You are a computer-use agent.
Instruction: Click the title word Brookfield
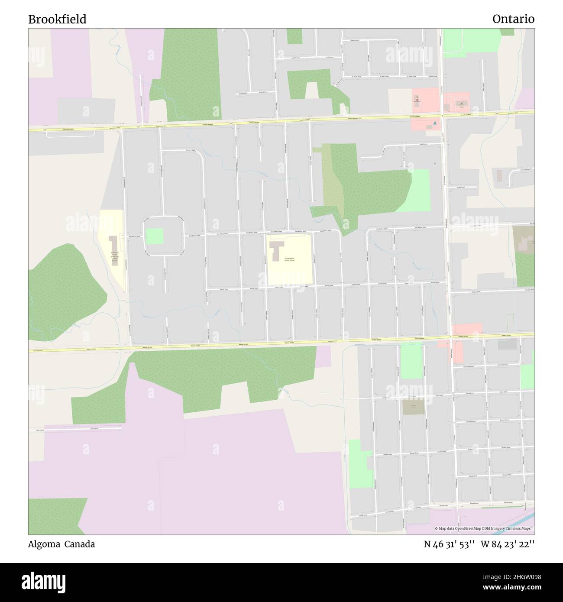[57, 19]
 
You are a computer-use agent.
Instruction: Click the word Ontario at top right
[513, 19]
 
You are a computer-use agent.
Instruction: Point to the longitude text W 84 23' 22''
[507, 544]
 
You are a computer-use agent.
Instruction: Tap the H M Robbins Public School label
[289, 259]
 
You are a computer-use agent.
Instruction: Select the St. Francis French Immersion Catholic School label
[114, 257]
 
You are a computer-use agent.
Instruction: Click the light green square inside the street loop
[155, 236]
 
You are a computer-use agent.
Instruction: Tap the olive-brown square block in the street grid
[413, 407]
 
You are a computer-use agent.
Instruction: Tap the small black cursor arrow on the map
[435, 163]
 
